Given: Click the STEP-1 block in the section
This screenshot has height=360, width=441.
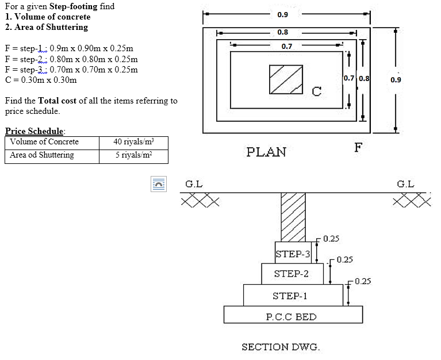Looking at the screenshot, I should click(x=290, y=296).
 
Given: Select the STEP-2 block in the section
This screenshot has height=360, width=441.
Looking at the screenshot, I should click(x=291, y=274).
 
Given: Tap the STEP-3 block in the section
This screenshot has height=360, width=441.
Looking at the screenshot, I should click(x=293, y=254).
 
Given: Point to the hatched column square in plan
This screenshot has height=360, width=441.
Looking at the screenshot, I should click(x=286, y=78).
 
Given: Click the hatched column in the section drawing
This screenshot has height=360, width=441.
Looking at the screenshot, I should click(x=292, y=216).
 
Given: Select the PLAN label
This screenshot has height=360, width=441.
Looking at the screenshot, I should click(x=266, y=152).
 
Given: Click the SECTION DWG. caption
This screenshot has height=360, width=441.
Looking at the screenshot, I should click(x=281, y=347).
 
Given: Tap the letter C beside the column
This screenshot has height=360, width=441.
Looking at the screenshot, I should click(x=316, y=91).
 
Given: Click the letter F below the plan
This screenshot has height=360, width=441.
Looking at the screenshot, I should click(x=358, y=147).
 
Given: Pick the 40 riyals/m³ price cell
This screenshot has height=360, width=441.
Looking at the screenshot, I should click(x=133, y=142).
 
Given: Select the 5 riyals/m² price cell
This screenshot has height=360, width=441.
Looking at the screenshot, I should click(x=133, y=155).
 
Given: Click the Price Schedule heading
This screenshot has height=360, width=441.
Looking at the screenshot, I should click(x=34, y=131).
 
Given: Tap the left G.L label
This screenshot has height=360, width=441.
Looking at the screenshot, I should click(x=194, y=184).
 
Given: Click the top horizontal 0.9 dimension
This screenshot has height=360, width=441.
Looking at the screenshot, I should click(x=283, y=14).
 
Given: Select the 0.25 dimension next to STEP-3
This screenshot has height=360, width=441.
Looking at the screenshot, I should click(x=331, y=238).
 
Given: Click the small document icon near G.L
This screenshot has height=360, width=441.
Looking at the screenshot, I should click(x=158, y=184).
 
